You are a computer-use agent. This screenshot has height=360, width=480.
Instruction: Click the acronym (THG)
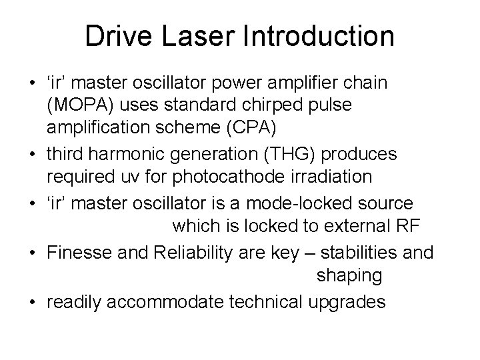click(279, 155)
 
